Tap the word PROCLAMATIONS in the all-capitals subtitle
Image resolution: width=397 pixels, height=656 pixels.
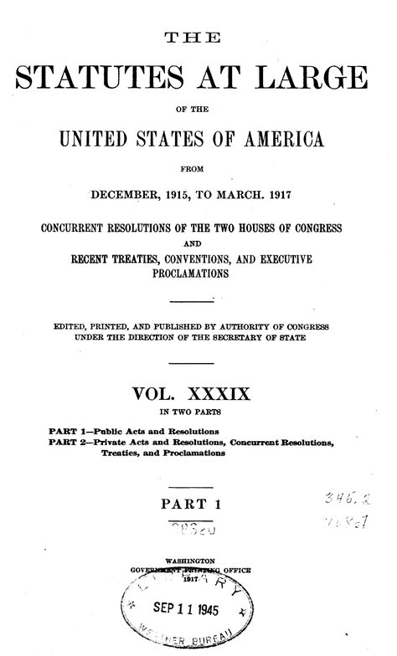click(198, 274)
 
